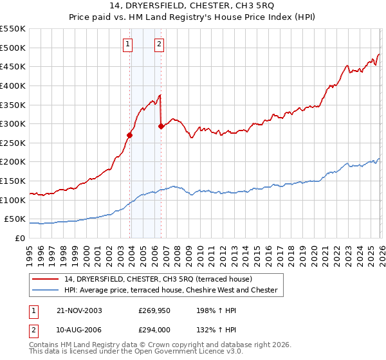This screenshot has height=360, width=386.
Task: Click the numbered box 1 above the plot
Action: (127, 44)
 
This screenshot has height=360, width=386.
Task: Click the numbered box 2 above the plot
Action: (158, 44)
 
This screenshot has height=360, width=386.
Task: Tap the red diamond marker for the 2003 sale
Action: (130, 135)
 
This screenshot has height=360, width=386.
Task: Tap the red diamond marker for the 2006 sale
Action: (161, 126)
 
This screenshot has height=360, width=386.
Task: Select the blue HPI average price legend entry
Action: (170, 291)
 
